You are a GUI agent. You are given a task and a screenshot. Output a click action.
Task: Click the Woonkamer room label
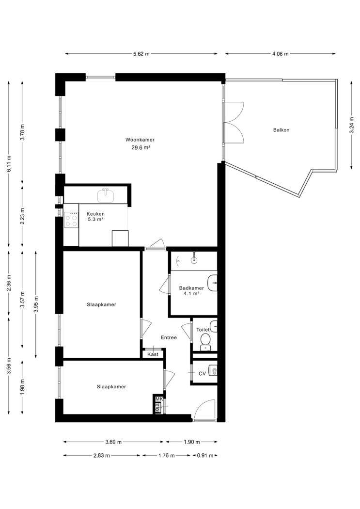(140, 140)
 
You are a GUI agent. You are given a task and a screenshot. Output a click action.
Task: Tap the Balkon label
(281, 130)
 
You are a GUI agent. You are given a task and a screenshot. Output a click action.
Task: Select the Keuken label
(95, 214)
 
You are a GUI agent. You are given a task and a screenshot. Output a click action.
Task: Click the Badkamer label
(191, 288)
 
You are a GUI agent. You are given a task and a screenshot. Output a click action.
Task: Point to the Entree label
(169, 337)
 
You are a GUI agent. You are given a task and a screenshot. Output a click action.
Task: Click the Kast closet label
(153, 354)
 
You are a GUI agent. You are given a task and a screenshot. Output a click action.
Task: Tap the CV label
(202, 374)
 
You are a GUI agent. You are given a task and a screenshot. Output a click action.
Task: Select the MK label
(159, 398)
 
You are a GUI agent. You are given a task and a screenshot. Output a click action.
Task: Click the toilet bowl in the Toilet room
(205, 341)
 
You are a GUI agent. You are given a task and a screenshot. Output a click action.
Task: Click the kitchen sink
(106, 195)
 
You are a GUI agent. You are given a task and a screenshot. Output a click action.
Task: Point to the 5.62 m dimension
(141, 54)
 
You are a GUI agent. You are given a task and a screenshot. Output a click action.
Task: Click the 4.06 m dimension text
(280, 54)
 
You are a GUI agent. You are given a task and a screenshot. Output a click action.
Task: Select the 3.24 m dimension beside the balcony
(351, 125)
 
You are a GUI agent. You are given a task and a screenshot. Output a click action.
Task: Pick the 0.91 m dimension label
(205, 456)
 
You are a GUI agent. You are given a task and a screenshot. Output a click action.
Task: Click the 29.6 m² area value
(140, 147)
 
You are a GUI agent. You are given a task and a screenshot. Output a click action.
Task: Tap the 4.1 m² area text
(191, 293)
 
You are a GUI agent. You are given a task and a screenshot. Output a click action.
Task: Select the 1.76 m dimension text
(166, 456)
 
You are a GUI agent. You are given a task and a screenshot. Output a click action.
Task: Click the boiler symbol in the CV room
(213, 370)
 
